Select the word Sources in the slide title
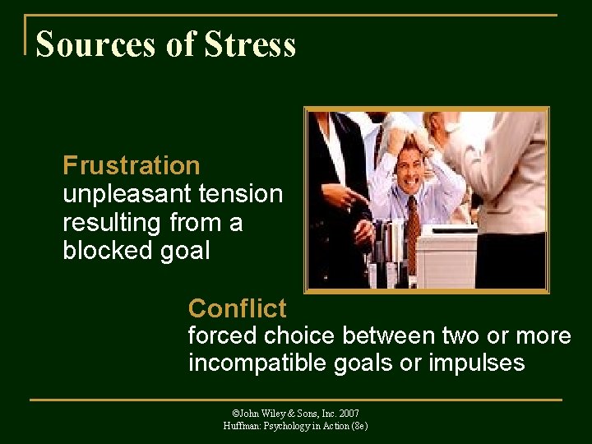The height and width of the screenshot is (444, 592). pyautogui.click(x=99, y=44)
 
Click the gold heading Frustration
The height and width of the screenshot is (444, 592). pyautogui.click(x=132, y=165)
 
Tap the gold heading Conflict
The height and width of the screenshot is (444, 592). pyautogui.click(x=237, y=308)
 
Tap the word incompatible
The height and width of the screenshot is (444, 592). pyautogui.click(x=259, y=363)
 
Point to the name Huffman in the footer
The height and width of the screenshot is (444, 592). pyautogui.click(x=242, y=426)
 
